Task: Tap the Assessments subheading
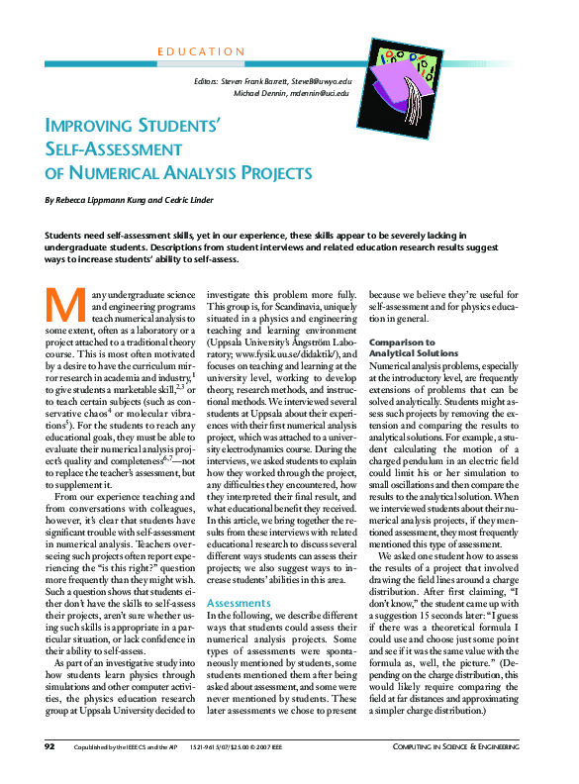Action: point(233,574)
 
